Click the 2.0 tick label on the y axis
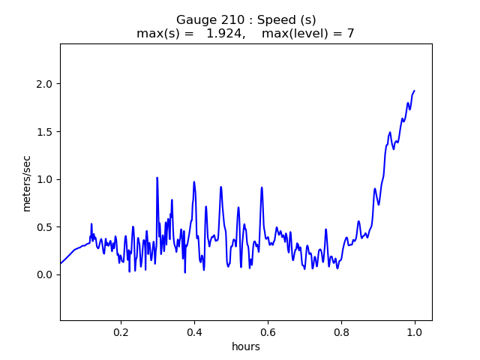[44, 84]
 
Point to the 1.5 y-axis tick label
[44, 132]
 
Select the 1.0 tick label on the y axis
[44, 179]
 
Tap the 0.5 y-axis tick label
[44, 227]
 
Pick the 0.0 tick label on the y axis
[44, 275]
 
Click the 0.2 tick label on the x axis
[121, 332]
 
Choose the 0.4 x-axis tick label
[195, 332]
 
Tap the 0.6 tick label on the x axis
[268, 332]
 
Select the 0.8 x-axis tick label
[342, 332]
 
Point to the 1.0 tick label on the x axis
[415, 332]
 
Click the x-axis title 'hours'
[246, 346]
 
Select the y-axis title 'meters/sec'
[27, 184]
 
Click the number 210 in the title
[232, 20]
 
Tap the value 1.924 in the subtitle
[226, 33]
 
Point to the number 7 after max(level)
[351, 33]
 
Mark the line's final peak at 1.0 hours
[415, 91]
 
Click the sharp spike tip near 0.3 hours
[157, 178]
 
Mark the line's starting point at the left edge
[61, 263]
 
